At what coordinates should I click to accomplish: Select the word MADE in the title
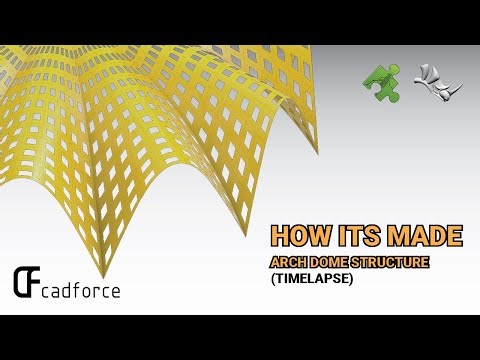tap(424, 236)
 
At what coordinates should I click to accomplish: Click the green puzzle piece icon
tap(380, 79)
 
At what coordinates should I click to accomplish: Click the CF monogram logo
tap(27, 284)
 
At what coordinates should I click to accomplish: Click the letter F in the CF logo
tap(34, 285)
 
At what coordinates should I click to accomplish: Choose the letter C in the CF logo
tap(20, 284)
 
